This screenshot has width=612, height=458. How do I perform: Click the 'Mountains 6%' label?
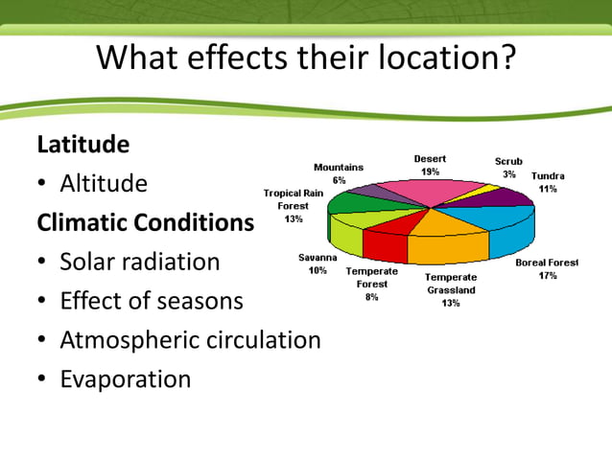pos(339,173)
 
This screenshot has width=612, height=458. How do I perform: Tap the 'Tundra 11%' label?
pos(548,182)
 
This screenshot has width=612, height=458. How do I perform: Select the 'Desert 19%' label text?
pos(430,165)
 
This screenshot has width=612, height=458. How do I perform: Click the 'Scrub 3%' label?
pos(508,168)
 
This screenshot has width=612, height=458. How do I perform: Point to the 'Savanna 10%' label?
pos(318,263)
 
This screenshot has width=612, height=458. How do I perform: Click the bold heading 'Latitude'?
pos(82,145)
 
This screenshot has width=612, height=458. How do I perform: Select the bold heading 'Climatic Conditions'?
pos(145,222)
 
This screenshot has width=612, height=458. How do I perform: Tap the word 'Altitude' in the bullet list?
pos(104,183)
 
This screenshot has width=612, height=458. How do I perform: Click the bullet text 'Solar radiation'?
pos(140,262)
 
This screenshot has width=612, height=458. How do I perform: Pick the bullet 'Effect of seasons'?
pos(152,301)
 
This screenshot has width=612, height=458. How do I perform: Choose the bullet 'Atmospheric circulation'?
pos(190,340)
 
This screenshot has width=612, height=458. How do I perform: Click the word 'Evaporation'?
pos(126,379)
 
